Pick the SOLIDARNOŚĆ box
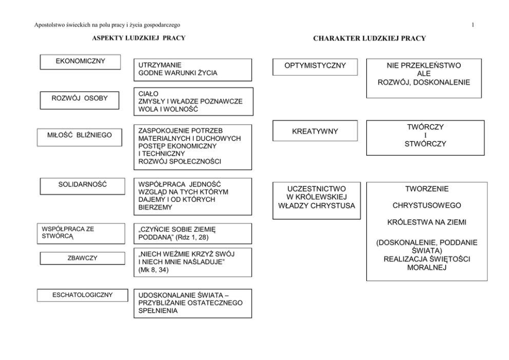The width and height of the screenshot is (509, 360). click(x=83, y=184)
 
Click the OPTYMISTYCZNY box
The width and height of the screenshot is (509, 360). click(x=315, y=66)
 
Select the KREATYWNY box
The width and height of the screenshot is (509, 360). click(x=315, y=131)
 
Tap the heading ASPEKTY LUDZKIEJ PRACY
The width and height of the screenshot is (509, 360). click(x=138, y=38)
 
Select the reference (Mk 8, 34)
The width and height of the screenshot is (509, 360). click(x=152, y=271)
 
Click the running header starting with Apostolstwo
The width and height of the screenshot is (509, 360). click(x=107, y=25)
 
